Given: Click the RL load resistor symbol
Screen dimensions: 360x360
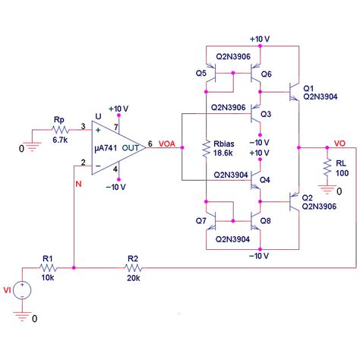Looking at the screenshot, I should point(327,166).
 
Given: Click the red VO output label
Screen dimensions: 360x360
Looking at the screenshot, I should point(340,142).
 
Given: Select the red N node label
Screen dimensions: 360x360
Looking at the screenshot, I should point(77,182).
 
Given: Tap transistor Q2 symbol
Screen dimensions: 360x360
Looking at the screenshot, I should point(293,201).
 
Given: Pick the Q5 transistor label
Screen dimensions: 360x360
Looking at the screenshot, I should point(201,74).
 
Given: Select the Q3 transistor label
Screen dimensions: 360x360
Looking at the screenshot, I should point(265,115).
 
